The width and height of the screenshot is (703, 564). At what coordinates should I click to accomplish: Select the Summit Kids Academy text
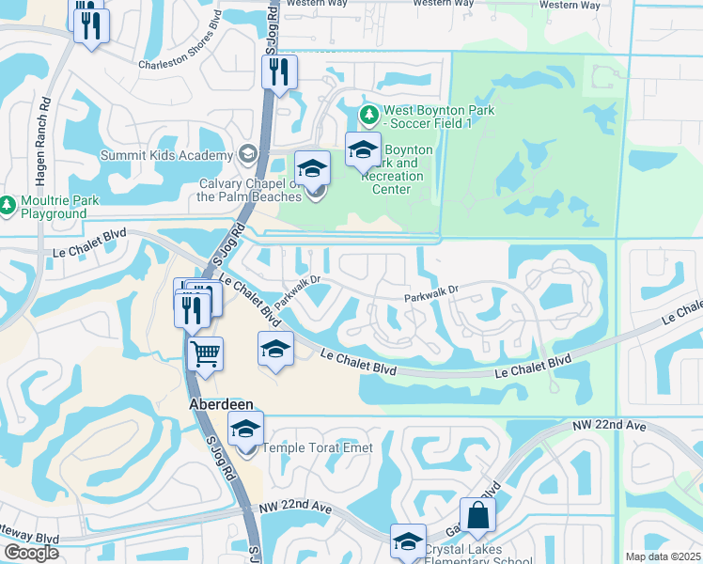coord(167,155)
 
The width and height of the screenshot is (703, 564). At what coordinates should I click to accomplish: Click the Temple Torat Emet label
coord(317,447)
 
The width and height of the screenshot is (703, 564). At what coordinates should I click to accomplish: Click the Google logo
coord(31,553)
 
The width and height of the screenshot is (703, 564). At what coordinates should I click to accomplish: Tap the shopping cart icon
coord(205,355)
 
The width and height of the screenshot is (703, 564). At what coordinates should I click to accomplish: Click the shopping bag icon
coord(477,514)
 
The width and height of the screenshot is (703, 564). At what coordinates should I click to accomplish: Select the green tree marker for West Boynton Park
coord(369,114)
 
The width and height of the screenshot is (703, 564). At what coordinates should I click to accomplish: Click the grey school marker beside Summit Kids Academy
coord(246,154)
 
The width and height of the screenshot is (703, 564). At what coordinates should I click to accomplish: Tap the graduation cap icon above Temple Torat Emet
coord(245,429)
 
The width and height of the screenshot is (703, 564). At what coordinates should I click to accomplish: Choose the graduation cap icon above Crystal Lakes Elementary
coord(409,541)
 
